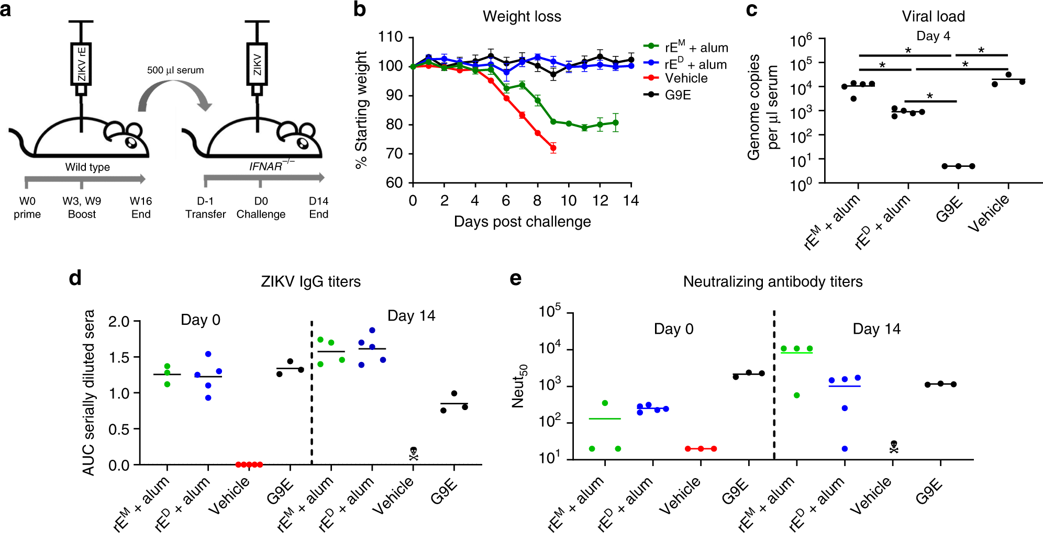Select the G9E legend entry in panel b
click(678, 95)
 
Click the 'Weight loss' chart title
click(521, 17)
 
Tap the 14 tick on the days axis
click(631, 200)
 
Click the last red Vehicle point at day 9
click(553, 149)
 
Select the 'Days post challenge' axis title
click(522, 222)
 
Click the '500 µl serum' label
click(175, 70)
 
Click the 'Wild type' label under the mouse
click(87, 167)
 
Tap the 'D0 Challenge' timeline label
click(261, 208)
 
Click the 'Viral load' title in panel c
click(933, 17)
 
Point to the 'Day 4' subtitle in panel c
click(933, 36)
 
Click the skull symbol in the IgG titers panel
click(414, 453)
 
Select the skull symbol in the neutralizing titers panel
click(894, 447)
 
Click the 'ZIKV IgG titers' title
click(310, 282)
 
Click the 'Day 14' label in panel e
click(876, 329)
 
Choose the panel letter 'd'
click(75, 278)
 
